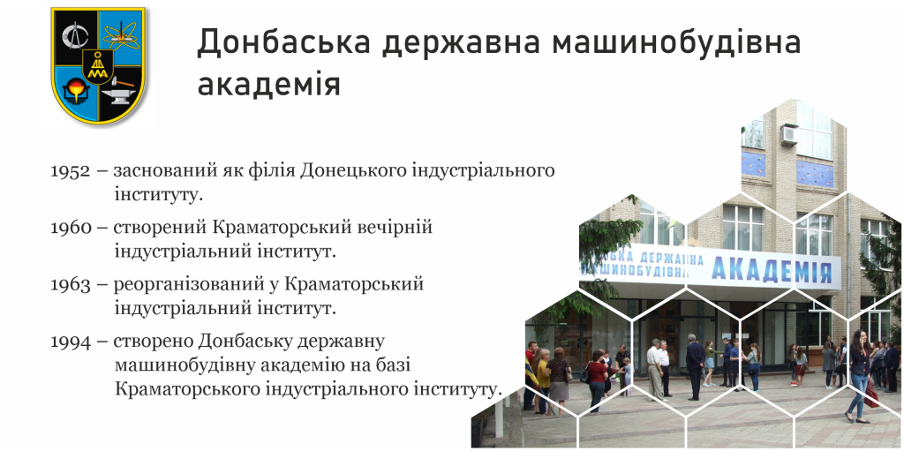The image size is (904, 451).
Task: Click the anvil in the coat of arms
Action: click(121, 92)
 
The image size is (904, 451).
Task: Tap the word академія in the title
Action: click(269, 84)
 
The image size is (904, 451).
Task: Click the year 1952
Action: click(71, 170)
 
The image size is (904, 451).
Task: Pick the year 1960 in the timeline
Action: click(71, 228)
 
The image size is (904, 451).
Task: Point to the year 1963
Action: click(71, 285)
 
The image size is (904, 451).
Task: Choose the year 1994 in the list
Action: click(71, 342)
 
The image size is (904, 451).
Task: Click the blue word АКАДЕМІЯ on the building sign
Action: click(772, 268)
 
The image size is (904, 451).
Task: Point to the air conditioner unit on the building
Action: click(788, 135)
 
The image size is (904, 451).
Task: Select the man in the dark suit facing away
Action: click(696, 366)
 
